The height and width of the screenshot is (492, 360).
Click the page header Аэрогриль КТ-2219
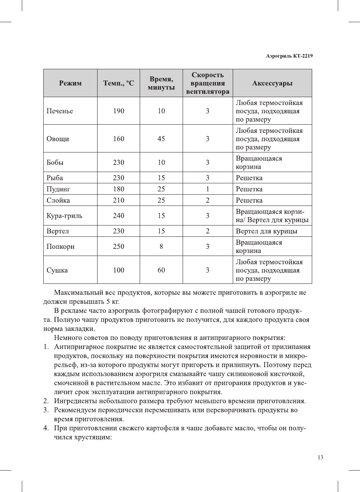click(x=289, y=56)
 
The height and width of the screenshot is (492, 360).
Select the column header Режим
click(x=70, y=83)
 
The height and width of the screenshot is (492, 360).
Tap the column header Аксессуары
click(x=272, y=83)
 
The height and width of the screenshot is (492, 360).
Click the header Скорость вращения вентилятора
click(x=207, y=83)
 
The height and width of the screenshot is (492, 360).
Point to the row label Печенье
click(x=60, y=111)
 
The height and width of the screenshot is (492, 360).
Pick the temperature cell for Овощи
click(x=119, y=139)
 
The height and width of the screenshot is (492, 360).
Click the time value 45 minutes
click(x=161, y=139)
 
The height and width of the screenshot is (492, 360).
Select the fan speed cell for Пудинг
click(x=207, y=189)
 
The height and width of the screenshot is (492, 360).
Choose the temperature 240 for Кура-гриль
click(x=119, y=216)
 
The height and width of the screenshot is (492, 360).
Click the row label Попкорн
click(x=61, y=247)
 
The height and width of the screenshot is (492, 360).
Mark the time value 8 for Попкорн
click(x=161, y=247)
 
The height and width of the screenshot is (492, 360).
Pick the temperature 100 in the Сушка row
click(x=119, y=270)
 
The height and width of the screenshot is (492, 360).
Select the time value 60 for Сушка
click(x=161, y=270)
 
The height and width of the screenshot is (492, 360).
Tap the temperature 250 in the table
click(x=119, y=247)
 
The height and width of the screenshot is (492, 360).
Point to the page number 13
click(x=320, y=457)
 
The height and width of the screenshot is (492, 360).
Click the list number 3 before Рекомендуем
click(x=46, y=410)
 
